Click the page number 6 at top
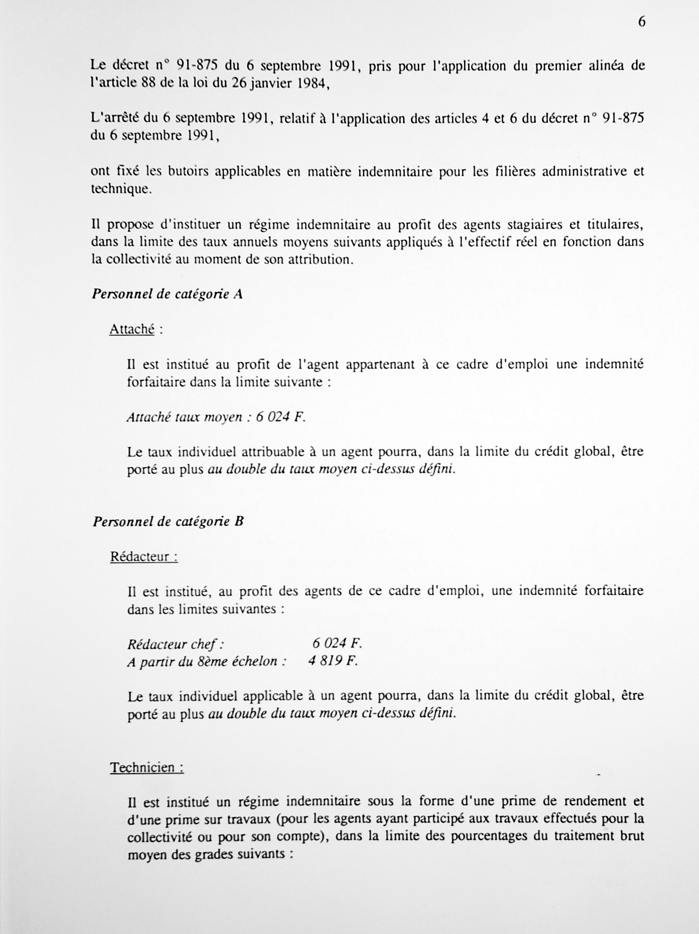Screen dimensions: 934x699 tap(641, 22)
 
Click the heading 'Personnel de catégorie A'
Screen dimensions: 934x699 tap(167, 294)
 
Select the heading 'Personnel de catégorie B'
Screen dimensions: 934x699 tap(168, 521)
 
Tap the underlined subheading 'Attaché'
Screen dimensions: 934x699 tap(132, 329)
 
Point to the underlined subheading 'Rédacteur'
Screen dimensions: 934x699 tap(144, 556)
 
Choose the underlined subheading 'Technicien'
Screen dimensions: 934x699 tap(147, 768)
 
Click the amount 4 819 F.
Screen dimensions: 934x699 tap(333, 661)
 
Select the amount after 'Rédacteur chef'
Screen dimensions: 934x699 tap(336, 643)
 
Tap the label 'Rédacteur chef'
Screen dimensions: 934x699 tap(176, 644)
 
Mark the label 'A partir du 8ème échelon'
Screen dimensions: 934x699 tap(206, 661)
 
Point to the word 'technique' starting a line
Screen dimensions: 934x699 tap(121, 189)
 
